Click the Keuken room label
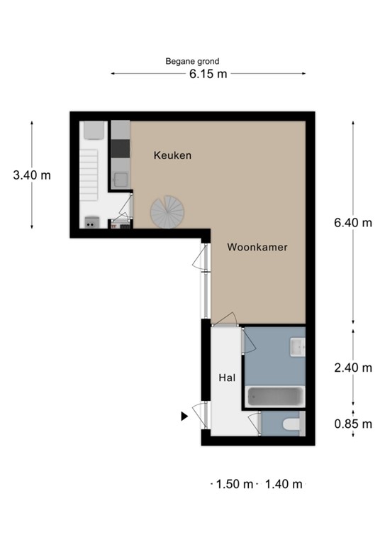pos(173,155)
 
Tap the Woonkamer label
pos(257,248)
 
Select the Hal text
pos(227,378)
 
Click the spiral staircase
pos(167,212)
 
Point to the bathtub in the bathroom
pos(274,397)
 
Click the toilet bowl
pos(290,425)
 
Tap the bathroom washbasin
pos(298,347)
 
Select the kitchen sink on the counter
pos(121,180)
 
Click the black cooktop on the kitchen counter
pos(121,148)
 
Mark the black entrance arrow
pos(184,417)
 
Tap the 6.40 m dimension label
pos(353,223)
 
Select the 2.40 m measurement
pos(353,368)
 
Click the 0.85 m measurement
pos(353,424)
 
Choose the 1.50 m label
pos(234,485)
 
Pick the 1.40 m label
pos(284,485)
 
